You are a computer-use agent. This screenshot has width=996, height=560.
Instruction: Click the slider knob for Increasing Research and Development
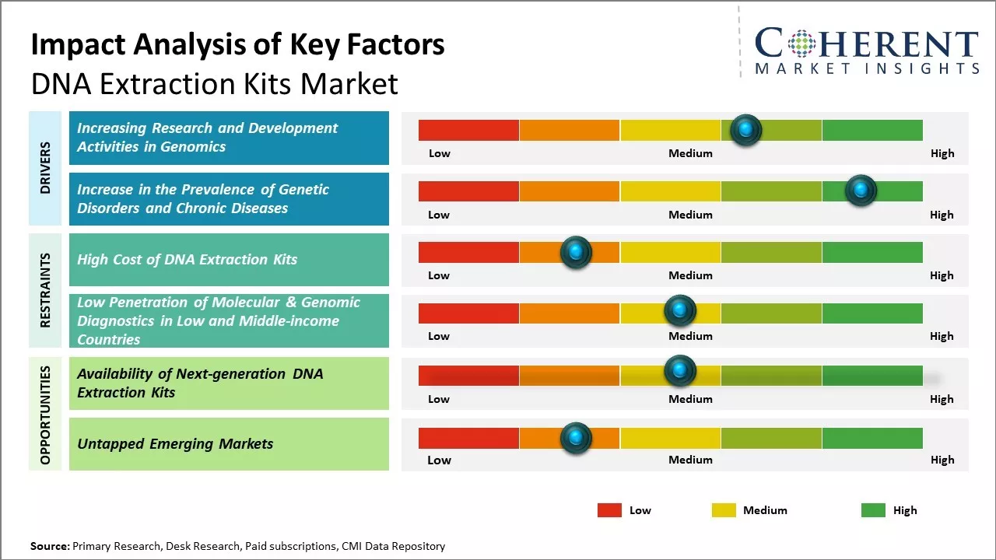[x=746, y=130]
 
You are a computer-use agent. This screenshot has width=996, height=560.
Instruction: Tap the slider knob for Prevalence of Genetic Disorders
[x=861, y=191]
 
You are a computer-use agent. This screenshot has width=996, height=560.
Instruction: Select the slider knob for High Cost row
[x=576, y=252]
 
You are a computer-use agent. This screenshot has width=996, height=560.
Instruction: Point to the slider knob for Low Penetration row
[x=680, y=310]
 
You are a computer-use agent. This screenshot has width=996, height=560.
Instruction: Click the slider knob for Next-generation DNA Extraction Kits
[x=680, y=370]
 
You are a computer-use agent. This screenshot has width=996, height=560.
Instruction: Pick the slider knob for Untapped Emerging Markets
[x=576, y=438]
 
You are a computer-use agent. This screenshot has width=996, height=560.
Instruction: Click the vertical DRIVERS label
[x=45, y=168]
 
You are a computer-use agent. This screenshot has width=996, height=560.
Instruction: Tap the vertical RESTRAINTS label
[x=45, y=290]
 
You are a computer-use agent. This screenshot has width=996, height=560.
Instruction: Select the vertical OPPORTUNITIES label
[x=45, y=415]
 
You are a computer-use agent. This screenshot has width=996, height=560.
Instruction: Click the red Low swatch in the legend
[x=609, y=510]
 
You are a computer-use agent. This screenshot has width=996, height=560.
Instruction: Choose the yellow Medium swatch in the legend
[x=724, y=510]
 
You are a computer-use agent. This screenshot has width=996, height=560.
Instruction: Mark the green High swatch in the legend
[x=873, y=510]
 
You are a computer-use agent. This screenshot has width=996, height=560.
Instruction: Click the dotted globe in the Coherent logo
[x=801, y=44]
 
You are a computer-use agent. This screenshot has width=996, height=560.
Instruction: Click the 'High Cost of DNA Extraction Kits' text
[x=188, y=260]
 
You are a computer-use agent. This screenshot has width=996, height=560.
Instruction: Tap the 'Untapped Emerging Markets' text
[x=175, y=444]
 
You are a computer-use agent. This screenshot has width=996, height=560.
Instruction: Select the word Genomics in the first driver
[x=193, y=147]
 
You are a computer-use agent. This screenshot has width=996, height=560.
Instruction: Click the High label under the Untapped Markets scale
[x=942, y=460]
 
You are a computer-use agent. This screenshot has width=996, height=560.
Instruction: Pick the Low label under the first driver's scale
[x=440, y=153]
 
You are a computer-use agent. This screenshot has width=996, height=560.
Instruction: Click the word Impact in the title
[x=79, y=45]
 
